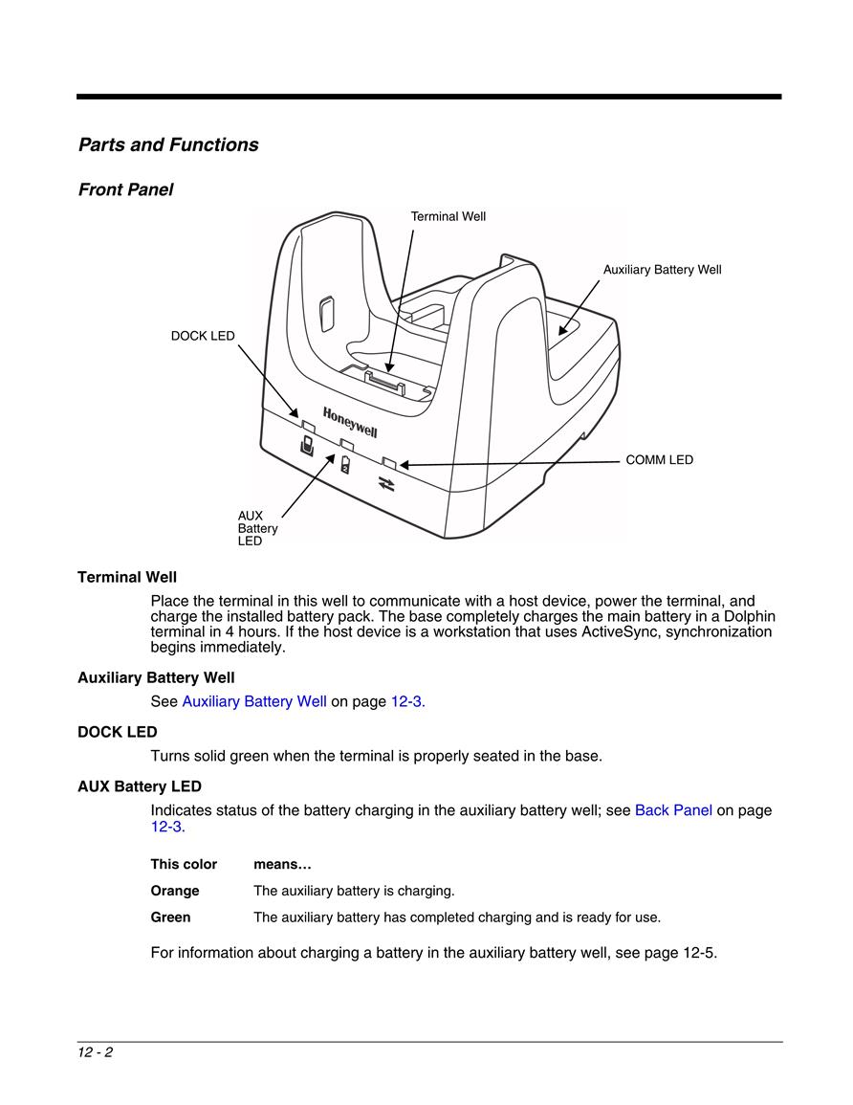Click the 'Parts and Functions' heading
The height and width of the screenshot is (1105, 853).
coord(168,144)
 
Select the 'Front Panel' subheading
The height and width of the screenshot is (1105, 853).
coord(125,189)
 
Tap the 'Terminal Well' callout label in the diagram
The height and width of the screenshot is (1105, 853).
coord(448,216)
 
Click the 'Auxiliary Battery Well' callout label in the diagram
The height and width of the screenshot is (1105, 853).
coord(662,269)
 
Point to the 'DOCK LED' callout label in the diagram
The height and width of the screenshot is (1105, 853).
coord(203,336)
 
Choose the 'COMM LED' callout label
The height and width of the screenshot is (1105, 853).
coord(659,459)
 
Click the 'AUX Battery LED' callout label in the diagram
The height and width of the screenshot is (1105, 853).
coord(258,528)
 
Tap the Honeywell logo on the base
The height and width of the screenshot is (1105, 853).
coord(350,422)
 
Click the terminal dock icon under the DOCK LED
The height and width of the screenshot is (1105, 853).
coord(307,446)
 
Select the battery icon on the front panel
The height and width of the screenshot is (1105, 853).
coord(345,464)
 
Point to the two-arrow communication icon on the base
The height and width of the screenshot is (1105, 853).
coord(386,483)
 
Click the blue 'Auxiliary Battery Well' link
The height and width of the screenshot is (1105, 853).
coord(254,701)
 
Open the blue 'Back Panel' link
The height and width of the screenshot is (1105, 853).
coord(673,810)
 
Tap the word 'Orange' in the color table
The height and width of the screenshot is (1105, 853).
coord(175,891)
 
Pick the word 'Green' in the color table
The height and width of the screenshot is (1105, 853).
coord(170,917)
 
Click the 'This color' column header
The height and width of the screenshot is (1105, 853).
coord(184,864)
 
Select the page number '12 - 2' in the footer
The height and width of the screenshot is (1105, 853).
coord(95,1052)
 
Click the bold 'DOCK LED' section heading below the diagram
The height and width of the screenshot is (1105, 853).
coord(117,732)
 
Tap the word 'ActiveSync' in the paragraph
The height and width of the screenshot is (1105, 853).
coord(621,631)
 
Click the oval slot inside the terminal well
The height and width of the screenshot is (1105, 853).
coord(325,314)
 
